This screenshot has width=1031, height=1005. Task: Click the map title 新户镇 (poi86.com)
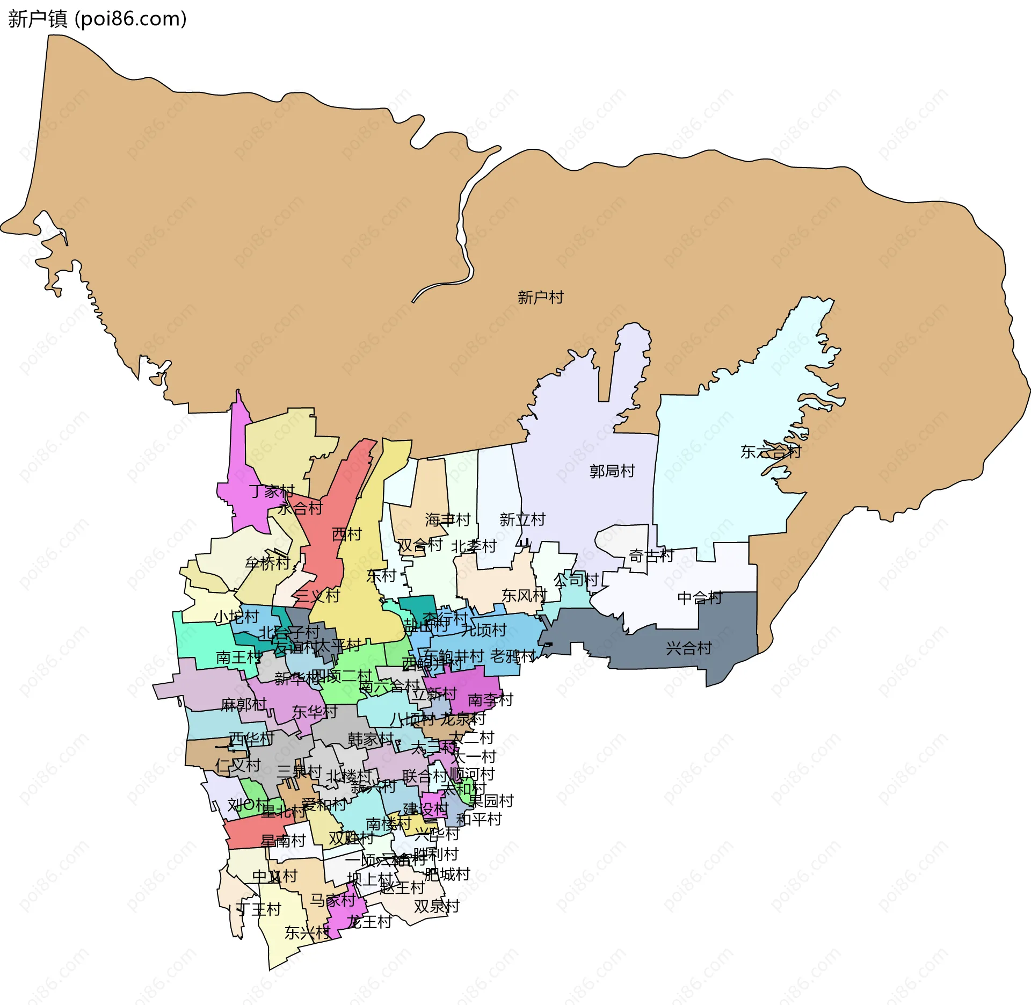[x=97, y=19]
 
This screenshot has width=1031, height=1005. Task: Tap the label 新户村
[x=540, y=297]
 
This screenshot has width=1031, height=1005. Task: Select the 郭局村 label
[x=612, y=471]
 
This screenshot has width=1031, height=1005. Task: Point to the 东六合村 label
[x=770, y=452]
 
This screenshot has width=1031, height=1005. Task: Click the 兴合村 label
[x=688, y=648]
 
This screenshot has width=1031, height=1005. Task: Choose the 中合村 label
[x=700, y=598]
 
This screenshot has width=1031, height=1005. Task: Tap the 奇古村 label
[x=651, y=555]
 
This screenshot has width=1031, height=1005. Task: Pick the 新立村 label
[x=522, y=519]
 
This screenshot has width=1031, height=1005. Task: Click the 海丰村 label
[x=447, y=519]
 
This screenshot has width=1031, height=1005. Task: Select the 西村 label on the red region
[x=347, y=534]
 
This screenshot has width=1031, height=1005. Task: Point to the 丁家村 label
[x=272, y=491]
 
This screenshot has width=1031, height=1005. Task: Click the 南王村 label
[x=239, y=657]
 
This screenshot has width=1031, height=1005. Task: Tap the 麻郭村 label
[x=244, y=704]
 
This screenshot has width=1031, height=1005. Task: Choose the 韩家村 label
[x=371, y=739]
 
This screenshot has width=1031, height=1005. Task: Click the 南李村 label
[x=490, y=700]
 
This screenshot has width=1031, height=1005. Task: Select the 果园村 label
[x=491, y=801]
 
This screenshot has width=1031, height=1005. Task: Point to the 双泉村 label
[x=437, y=907]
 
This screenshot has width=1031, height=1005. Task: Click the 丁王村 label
[x=259, y=909]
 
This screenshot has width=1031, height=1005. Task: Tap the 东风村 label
[x=524, y=595]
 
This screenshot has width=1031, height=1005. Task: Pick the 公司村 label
[x=576, y=580]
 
